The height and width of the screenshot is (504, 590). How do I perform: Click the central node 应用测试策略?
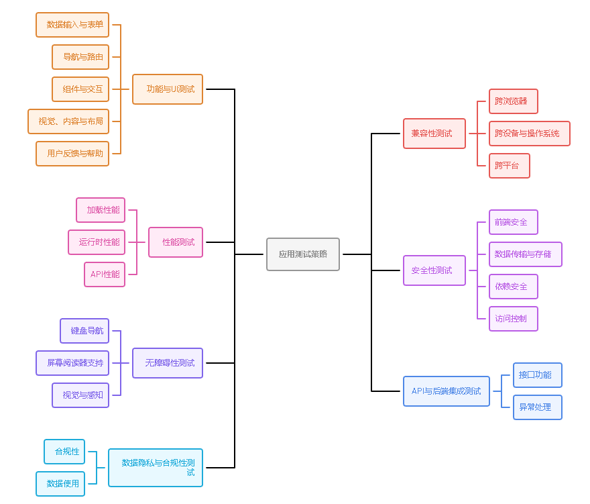(303, 254)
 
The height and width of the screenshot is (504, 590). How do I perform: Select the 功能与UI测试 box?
(168, 89)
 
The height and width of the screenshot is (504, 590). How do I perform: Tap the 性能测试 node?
(176, 242)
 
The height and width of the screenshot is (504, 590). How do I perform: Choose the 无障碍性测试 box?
(168, 363)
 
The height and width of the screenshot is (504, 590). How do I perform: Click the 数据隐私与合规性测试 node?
(156, 468)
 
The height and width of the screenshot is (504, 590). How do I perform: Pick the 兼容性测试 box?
(434, 134)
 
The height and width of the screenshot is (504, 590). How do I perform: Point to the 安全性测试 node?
(434, 270)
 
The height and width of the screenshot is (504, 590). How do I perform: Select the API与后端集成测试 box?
(447, 391)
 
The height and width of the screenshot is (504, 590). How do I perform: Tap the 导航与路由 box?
(80, 57)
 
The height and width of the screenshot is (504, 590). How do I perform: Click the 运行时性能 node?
(97, 242)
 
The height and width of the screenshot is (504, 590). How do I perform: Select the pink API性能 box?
(105, 274)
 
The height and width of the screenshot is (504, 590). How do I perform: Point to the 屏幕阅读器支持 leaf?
(72, 363)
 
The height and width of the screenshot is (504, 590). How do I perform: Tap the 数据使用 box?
(60, 484)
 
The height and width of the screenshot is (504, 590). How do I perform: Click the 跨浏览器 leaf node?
(514, 101)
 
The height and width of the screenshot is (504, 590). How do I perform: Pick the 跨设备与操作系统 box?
(530, 134)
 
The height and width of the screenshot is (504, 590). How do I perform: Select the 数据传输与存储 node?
(526, 254)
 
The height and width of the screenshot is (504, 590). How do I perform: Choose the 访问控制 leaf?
(514, 319)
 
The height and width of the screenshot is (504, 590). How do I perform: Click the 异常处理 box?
(538, 407)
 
